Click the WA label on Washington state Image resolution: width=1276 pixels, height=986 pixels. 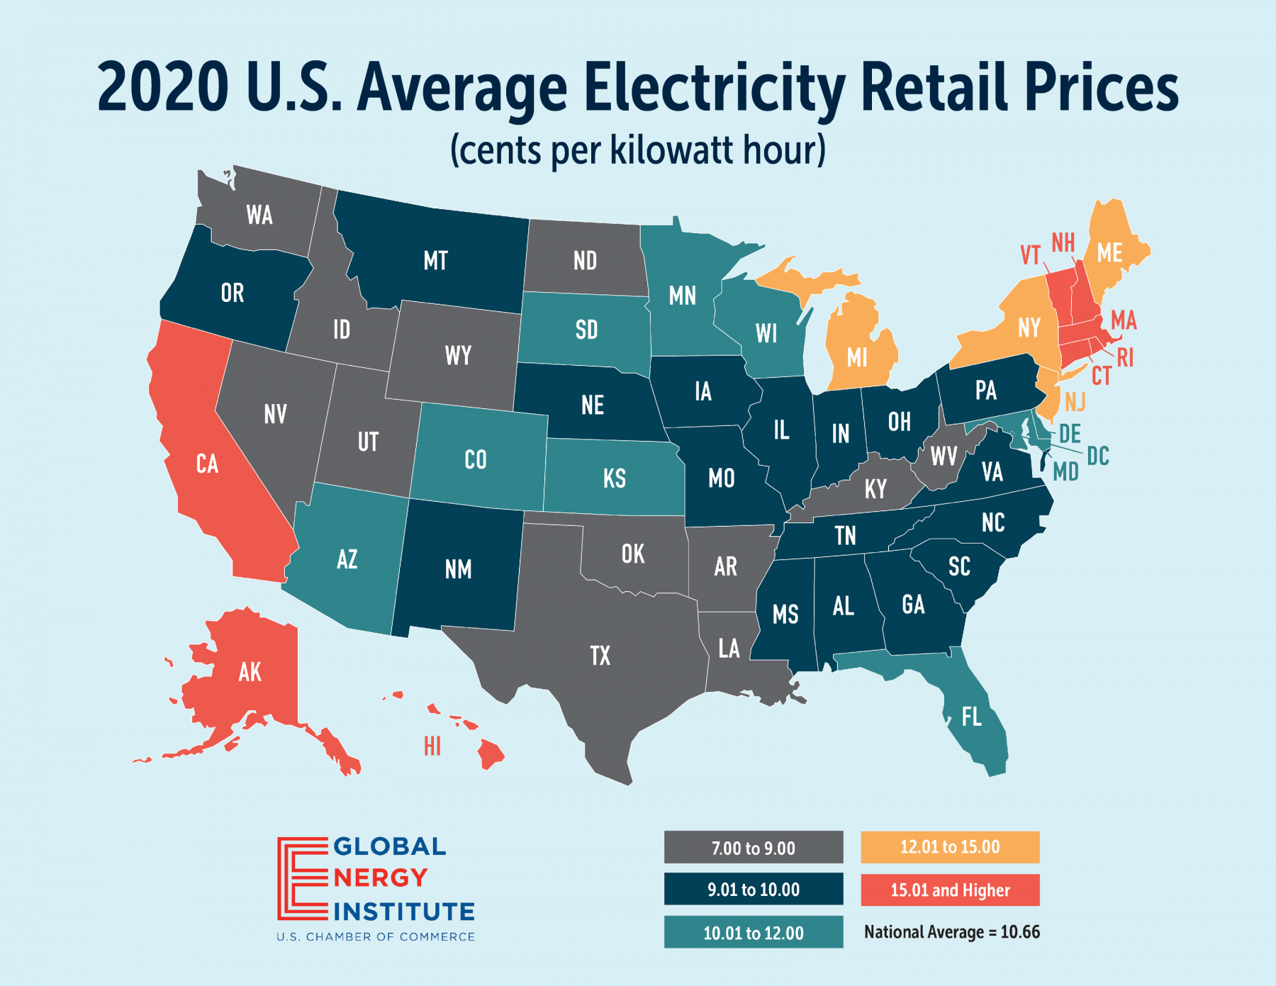(x=259, y=215)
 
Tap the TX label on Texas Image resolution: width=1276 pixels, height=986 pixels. (x=600, y=656)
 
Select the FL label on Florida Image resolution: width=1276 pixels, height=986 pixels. (x=971, y=717)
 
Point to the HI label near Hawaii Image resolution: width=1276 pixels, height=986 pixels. (x=432, y=746)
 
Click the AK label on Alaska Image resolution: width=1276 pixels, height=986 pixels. (x=250, y=672)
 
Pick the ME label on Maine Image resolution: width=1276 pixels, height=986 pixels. (x=1109, y=253)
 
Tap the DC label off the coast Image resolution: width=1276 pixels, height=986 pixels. (x=1098, y=456)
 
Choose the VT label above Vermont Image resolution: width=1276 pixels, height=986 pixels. (x=1030, y=255)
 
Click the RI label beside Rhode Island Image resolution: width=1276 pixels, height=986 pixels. (x=1125, y=359)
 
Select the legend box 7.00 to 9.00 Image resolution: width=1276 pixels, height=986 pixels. (x=754, y=848)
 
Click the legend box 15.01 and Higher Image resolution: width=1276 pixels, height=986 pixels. (x=950, y=890)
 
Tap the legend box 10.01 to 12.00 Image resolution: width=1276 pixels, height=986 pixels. (x=754, y=933)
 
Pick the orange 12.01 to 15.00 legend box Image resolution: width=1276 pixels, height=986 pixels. (x=950, y=847)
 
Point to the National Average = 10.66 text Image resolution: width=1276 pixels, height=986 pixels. (x=951, y=932)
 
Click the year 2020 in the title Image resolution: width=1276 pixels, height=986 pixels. (x=163, y=87)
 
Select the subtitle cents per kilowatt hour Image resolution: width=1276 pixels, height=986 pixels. (x=638, y=150)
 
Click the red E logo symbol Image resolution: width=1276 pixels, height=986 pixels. (x=301, y=879)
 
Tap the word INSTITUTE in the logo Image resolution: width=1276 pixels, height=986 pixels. (x=404, y=912)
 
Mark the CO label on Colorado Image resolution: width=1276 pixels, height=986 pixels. (x=476, y=460)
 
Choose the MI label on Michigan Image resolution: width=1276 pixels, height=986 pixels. (x=857, y=358)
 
